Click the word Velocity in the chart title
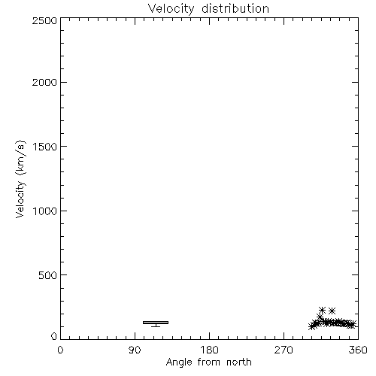[171, 9]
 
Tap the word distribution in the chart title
[235, 8]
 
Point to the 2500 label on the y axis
[44, 20]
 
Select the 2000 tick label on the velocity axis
[44, 83]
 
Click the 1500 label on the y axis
[45, 147]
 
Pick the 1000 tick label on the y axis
[45, 211]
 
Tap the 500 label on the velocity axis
[48, 275]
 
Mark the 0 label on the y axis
[54, 336]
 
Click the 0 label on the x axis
[60, 350]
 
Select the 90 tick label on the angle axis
[135, 350]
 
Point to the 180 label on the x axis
[209, 350]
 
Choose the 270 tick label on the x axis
[284, 350]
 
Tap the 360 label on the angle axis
[358, 350]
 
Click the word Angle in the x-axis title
[179, 362]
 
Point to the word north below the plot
[239, 362]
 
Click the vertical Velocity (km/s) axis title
[20, 180]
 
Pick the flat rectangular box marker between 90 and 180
[156, 323]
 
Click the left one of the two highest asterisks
[322, 311]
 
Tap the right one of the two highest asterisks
[332, 311]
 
